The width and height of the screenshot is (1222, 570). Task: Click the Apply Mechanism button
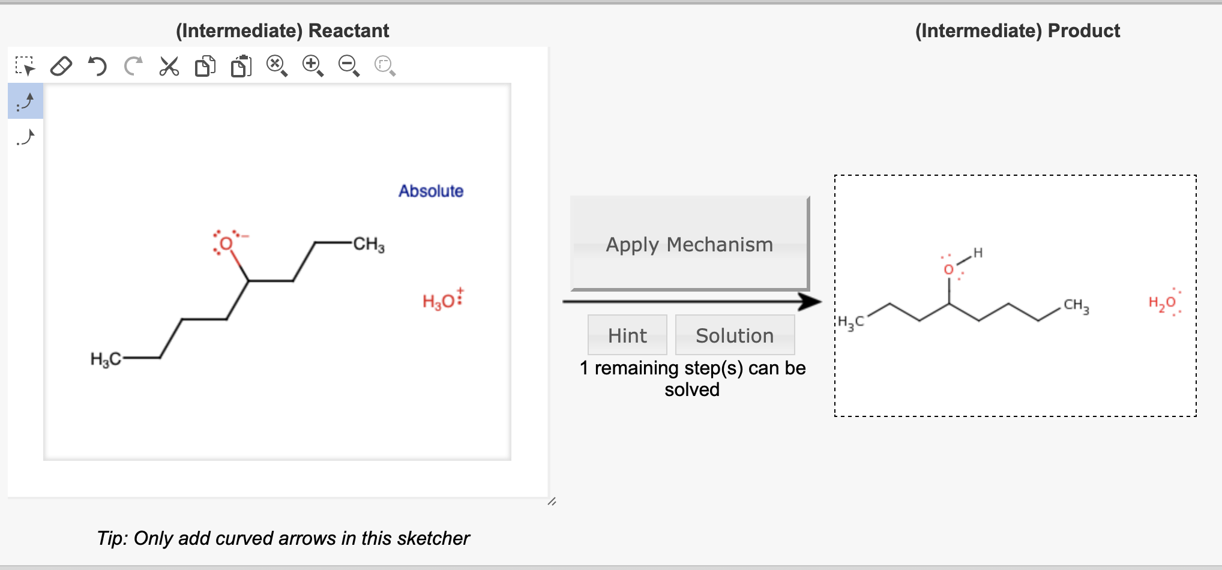point(689,244)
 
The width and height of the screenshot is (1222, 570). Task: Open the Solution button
point(734,335)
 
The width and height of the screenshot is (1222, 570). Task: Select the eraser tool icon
point(61,66)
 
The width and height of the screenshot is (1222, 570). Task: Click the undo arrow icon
point(97,66)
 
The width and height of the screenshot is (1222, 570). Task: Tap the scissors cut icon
point(169,66)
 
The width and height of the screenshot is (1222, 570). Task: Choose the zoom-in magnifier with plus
point(313,65)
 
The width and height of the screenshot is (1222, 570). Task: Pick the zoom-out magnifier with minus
point(349,65)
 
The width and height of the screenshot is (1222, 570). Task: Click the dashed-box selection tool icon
point(25,66)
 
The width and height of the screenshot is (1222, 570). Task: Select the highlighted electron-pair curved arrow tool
point(25,101)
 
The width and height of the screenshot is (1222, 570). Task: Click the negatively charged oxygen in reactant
point(226,244)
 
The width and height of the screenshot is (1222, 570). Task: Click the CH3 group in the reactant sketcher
point(369,244)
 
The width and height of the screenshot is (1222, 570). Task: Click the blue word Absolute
point(430,191)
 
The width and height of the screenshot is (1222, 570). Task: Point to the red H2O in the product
point(1163,303)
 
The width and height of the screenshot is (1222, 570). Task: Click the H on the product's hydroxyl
point(978,253)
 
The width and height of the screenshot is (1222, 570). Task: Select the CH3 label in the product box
point(1076,305)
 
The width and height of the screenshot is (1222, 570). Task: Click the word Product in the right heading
point(1083,31)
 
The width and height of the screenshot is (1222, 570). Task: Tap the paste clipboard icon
point(241,66)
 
